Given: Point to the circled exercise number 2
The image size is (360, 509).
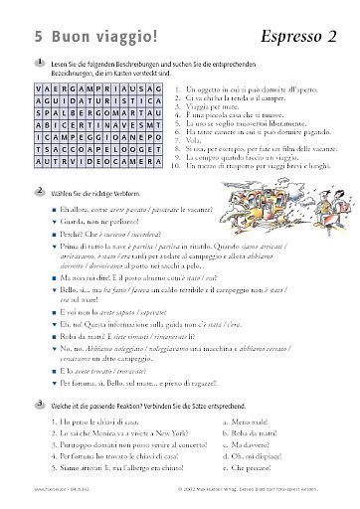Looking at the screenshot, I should click(x=37, y=187).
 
